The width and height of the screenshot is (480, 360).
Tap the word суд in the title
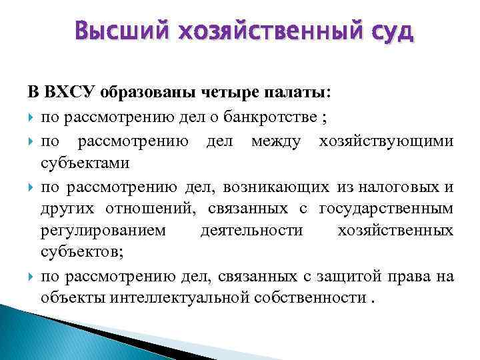tap(387, 31)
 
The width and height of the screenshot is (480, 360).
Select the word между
tap(275, 141)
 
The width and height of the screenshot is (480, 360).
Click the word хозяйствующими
tap(387, 141)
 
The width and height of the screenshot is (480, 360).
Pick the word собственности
tap(309, 297)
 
